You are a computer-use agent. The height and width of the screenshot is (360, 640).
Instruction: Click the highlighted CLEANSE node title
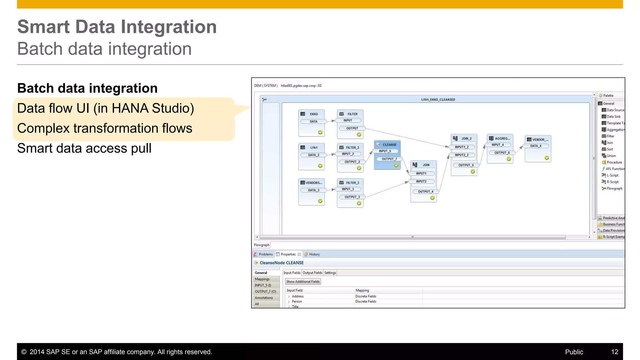tap(389, 145)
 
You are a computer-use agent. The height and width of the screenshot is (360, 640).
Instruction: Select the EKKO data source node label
tap(314, 114)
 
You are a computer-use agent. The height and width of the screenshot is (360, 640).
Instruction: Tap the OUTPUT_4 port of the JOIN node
tap(425, 192)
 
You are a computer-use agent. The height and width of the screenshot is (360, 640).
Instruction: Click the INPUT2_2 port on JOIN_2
tap(462, 155)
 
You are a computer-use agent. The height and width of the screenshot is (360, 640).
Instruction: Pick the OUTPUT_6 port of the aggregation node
tap(502, 153)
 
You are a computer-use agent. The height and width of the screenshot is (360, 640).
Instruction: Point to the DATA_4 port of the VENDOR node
tap(536, 146)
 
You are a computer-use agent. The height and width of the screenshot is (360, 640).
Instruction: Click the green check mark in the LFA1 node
tap(320, 166)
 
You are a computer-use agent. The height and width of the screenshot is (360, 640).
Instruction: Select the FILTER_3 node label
tap(352, 183)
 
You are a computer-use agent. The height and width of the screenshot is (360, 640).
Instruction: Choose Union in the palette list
tap(611, 156)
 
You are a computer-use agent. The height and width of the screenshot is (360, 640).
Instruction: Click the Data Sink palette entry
tap(613, 117)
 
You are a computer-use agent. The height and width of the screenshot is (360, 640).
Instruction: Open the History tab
tap(314, 254)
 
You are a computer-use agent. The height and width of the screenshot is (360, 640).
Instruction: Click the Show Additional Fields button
tap(303, 282)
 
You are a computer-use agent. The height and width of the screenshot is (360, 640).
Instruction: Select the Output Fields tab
tap(312, 273)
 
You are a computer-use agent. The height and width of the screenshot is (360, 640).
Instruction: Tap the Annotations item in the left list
tap(264, 298)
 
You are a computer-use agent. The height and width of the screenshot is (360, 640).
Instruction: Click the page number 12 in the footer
tap(614, 352)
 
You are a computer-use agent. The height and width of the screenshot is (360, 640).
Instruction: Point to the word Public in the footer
tap(574, 352)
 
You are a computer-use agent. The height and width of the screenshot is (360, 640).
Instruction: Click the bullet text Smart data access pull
tap(84, 148)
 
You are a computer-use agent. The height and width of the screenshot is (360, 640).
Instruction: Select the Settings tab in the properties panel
tap(330, 273)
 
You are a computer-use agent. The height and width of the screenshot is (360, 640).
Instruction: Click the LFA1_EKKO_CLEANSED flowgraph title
tap(438, 100)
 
